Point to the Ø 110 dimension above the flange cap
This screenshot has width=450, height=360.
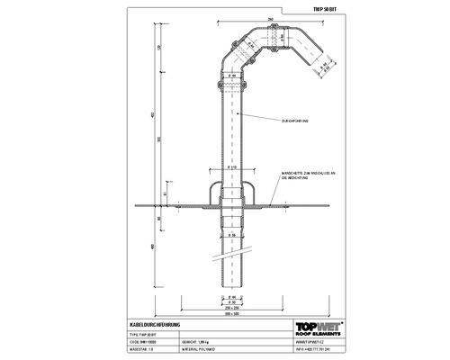[x=232, y=167]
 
